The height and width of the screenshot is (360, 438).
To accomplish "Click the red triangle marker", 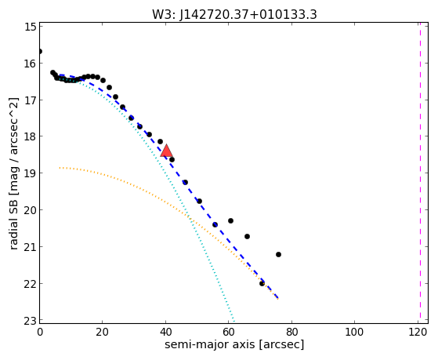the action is (166, 151).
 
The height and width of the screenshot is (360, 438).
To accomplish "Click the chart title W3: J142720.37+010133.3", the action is (234, 14).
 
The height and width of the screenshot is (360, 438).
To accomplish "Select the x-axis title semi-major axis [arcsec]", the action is (234, 344).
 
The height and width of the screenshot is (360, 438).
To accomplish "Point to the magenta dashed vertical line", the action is (420, 173).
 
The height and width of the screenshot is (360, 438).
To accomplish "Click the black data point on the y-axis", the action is (40, 51).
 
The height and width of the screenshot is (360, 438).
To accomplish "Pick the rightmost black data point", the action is (278, 254).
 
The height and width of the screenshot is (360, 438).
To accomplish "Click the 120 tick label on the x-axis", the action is (418, 332).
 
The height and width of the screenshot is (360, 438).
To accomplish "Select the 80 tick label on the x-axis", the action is (291, 332).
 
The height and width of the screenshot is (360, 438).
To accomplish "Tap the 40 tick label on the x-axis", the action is (165, 332).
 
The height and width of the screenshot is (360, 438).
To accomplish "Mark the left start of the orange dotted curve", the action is (60, 168).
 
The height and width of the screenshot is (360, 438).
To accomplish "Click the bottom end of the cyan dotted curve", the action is (234, 321).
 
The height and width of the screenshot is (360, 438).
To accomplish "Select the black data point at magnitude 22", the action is (262, 283).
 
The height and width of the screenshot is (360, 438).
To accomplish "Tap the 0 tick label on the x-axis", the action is (40, 332).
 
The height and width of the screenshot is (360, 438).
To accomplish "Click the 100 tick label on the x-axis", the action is (354, 332).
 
